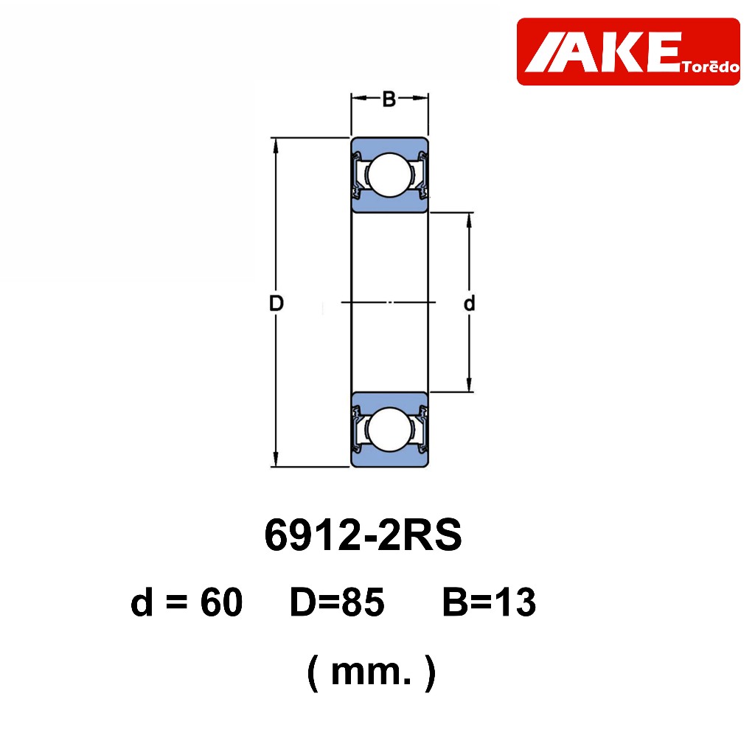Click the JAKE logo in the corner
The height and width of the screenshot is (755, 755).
(x=628, y=52)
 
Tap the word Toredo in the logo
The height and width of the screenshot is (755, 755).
(x=711, y=67)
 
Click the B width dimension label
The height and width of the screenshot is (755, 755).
(x=389, y=100)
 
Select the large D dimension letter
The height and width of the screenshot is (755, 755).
(x=276, y=303)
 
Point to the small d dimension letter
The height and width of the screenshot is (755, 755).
(x=469, y=303)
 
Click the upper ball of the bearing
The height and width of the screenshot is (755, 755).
(x=389, y=175)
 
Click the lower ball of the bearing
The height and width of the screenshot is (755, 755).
(x=389, y=430)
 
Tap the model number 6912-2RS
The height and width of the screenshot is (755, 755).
(x=363, y=535)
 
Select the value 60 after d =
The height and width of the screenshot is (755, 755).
(x=221, y=602)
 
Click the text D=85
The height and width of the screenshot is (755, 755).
(x=336, y=602)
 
